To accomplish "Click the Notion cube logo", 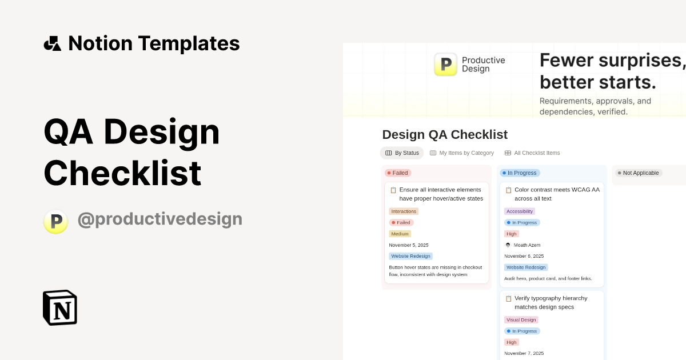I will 60,307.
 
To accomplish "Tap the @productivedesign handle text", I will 159,219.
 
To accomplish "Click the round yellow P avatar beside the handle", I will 56,221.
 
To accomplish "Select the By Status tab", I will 402,153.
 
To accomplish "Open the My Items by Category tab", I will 462,153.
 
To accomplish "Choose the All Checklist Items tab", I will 532,153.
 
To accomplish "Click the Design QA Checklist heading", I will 445,135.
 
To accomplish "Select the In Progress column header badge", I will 520,173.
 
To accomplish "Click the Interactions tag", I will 404,211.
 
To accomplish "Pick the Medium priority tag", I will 400,234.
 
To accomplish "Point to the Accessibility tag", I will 520,211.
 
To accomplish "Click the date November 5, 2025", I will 409,245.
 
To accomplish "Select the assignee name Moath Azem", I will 527,245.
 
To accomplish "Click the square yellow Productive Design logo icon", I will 445,65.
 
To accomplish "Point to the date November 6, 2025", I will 524,256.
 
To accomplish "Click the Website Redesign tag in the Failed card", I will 411,256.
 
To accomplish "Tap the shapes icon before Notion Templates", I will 53,43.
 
